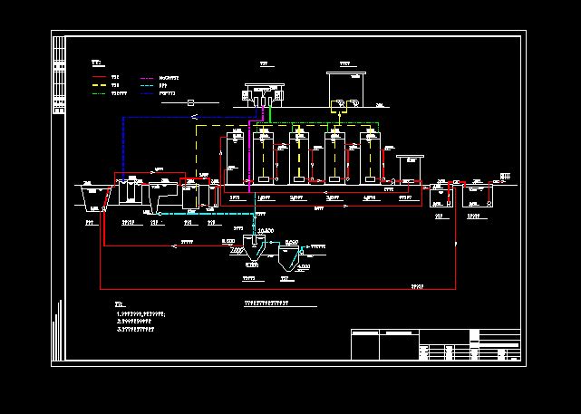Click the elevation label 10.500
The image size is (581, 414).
266,233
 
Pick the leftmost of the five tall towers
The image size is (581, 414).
233,161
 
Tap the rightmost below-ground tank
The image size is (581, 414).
476,196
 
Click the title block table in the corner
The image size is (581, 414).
435,345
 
